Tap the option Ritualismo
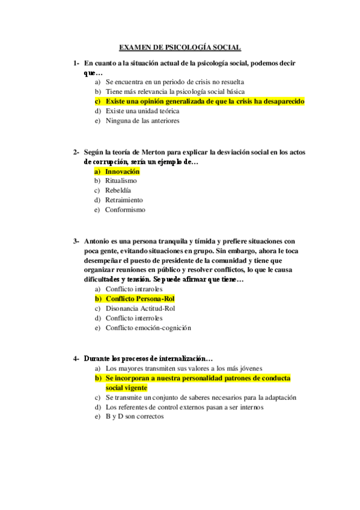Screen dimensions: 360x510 [121, 180]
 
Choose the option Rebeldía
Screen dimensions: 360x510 [120, 190]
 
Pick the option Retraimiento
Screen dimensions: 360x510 [124, 200]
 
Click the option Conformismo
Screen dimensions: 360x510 [125, 210]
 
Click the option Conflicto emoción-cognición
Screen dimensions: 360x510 [148, 328]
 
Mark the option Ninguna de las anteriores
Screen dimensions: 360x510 [142, 120]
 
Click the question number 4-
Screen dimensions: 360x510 [76, 358]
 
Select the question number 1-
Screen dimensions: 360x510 [76, 63]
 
